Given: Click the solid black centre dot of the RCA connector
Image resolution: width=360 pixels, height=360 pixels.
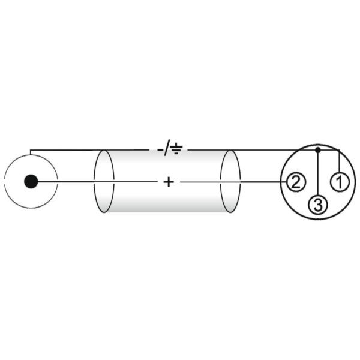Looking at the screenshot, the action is click(31, 182).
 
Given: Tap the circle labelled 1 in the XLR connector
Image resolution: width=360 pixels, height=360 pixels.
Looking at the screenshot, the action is click(340, 182).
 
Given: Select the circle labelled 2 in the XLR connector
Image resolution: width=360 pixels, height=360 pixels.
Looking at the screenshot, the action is click(296, 182).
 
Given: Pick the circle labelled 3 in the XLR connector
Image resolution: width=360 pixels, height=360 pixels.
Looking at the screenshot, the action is click(318, 205).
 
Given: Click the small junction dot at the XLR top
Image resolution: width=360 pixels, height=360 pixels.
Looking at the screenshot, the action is click(318, 150).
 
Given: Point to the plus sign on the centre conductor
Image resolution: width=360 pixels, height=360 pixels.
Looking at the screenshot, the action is click(169, 182).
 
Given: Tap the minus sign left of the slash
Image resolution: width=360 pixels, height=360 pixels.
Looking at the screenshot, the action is click(160, 150).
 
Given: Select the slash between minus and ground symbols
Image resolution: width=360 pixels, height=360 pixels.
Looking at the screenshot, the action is click(167, 148).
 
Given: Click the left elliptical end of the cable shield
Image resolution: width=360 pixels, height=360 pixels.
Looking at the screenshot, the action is click(104, 181).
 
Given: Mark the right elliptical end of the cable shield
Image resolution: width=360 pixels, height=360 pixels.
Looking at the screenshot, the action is click(230, 181).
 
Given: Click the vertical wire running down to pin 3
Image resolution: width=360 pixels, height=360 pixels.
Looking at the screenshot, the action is click(318, 174).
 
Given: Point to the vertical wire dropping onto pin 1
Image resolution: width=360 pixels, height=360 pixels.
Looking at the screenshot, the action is click(340, 161).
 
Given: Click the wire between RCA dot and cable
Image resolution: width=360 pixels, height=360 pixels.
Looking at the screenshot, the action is click(65, 182).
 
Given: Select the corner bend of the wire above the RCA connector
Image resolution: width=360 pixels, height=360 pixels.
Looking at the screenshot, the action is click(31, 150).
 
